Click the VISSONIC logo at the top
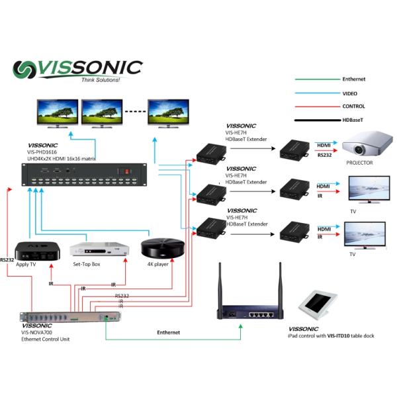tap(77, 69)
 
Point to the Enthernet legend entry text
tap(354, 79)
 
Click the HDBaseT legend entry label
tap(354, 120)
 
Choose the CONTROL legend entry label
tap(354, 107)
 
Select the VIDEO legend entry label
tap(350, 93)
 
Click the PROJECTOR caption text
tap(360, 163)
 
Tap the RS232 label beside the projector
tap(324, 154)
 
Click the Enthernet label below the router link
tap(169, 331)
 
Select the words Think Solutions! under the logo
tap(100, 80)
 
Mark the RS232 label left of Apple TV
tap(7, 260)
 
